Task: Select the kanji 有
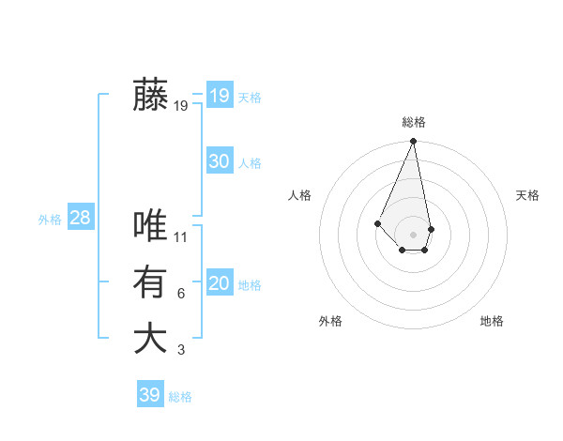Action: point(150,281)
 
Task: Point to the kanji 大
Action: point(150,338)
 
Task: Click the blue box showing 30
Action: point(219,161)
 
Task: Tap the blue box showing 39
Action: point(150,395)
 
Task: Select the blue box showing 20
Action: point(219,284)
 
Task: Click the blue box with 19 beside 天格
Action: point(219,96)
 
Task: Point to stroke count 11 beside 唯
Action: point(181,238)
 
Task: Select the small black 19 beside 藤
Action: point(181,107)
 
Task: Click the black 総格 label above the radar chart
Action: point(414,122)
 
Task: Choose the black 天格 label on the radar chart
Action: point(528,195)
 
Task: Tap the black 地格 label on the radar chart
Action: point(492,321)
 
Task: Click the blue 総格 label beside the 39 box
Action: point(180,397)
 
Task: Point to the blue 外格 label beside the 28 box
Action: point(50,220)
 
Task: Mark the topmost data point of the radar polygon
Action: point(414,142)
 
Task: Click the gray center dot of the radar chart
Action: point(414,234)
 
